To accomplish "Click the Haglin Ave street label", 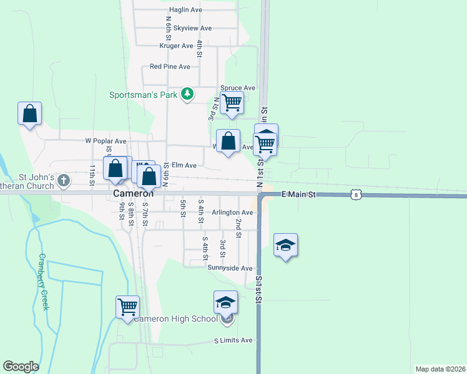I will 186,10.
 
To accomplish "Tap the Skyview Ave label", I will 193,28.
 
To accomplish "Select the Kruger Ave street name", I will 177,46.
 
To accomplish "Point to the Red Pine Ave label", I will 170,67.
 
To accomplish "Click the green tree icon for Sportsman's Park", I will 187,94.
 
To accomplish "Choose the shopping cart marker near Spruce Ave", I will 232,102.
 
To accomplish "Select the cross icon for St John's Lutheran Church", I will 63,181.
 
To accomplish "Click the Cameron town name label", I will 134,194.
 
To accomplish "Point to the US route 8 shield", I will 355,194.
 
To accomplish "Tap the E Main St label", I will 300,195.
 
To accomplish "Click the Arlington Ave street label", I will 234,213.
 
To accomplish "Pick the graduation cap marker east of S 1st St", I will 285,245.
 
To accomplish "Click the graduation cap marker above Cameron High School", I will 225,302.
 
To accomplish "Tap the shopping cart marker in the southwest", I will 127,307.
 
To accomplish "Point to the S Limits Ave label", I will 233,340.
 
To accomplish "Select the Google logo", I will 21,367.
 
